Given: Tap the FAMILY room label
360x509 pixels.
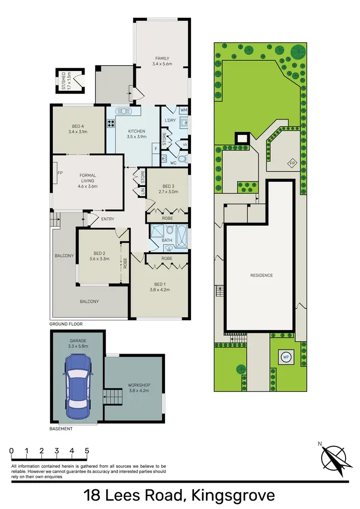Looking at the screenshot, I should (x=162, y=59).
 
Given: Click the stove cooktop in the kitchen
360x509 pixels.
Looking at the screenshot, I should (x=111, y=122).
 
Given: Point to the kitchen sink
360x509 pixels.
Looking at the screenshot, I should (x=124, y=111).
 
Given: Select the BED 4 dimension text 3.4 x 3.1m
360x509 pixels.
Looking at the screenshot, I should (x=78, y=131).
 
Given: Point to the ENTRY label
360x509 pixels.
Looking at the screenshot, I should (x=108, y=219).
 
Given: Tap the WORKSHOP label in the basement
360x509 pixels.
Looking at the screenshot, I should (x=139, y=385).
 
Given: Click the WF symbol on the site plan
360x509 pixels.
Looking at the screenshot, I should (x=286, y=357).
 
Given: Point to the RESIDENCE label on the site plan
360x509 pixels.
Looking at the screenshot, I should (x=261, y=275).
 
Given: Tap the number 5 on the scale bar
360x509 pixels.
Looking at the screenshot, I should (x=87, y=451).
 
